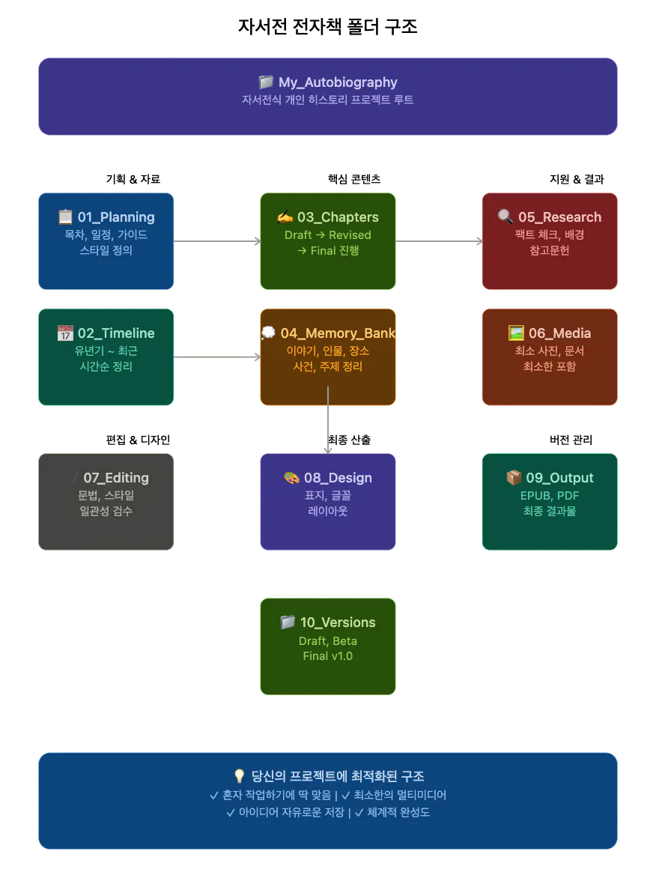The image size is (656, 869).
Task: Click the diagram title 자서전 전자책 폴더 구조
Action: click(x=327, y=26)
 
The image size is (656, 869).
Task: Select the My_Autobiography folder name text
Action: click(x=338, y=82)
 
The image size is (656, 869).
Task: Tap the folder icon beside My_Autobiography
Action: click(x=266, y=82)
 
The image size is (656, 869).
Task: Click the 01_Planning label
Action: click(x=116, y=217)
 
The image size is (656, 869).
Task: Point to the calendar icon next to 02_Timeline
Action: click(x=65, y=333)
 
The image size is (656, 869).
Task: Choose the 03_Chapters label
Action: click(x=338, y=217)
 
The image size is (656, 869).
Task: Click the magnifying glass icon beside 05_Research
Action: click(x=505, y=217)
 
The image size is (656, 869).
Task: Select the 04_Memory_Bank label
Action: click(x=338, y=333)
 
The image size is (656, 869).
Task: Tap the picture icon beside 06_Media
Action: click(x=516, y=333)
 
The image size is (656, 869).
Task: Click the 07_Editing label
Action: click(x=116, y=478)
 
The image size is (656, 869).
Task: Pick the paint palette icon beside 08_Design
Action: click(x=291, y=478)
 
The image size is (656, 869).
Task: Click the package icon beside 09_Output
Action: click(x=514, y=477)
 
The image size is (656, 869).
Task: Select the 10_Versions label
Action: click(x=338, y=623)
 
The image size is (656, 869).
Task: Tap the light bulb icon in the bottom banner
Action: click(x=240, y=776)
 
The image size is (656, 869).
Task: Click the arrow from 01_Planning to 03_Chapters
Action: click(x=217, y=241)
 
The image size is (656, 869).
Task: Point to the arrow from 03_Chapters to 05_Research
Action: click(x=439, y=241)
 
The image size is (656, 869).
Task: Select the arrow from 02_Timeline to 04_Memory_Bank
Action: click(x=217, y=357)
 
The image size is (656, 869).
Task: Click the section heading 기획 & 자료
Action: click(x=133, y=179)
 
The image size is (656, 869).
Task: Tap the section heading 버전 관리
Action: click(x=571, y=440)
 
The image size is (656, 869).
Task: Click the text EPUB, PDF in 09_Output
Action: click(x=550, y=495)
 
